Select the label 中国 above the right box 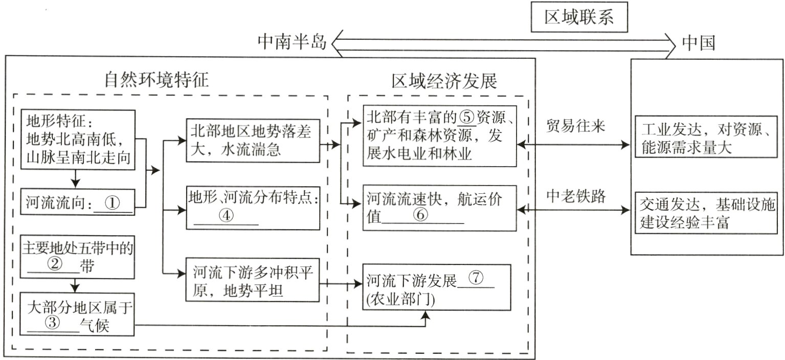[x=699, y=43]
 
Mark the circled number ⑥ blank [x=420, y=215]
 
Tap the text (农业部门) [x=401, y=301]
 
